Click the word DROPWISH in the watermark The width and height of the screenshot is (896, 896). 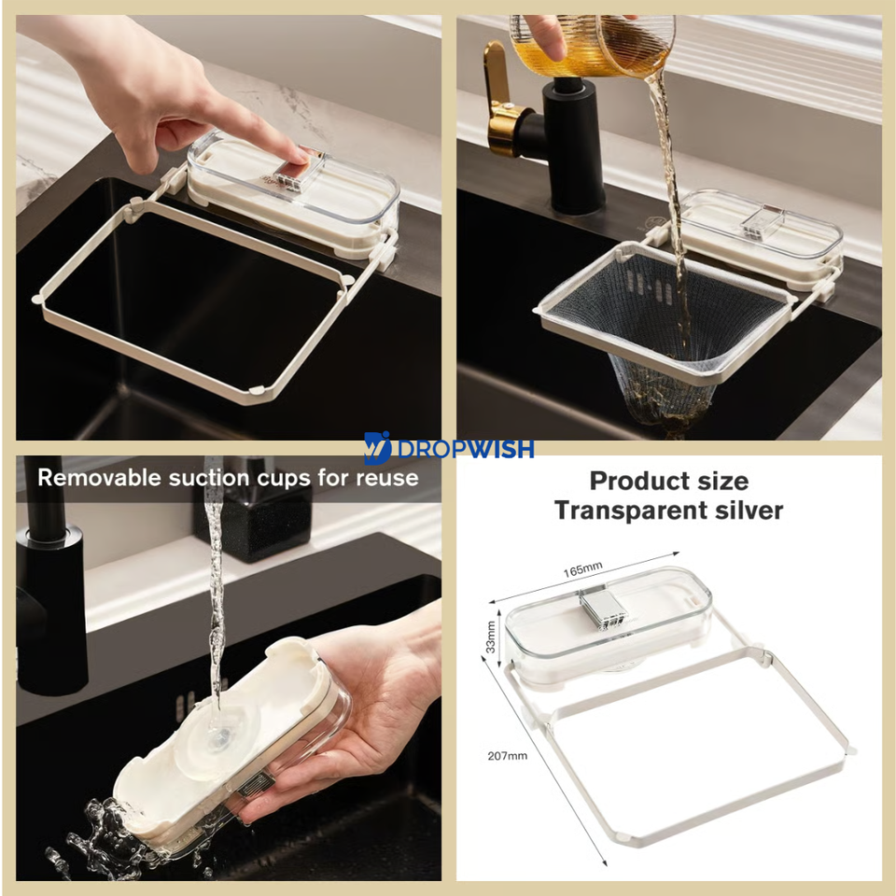tap(465, 449)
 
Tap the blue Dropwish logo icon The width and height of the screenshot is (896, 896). tap(377, 447)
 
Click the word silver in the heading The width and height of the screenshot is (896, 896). tap(749, 510)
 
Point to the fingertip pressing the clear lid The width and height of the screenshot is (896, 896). tap(300, 154)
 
